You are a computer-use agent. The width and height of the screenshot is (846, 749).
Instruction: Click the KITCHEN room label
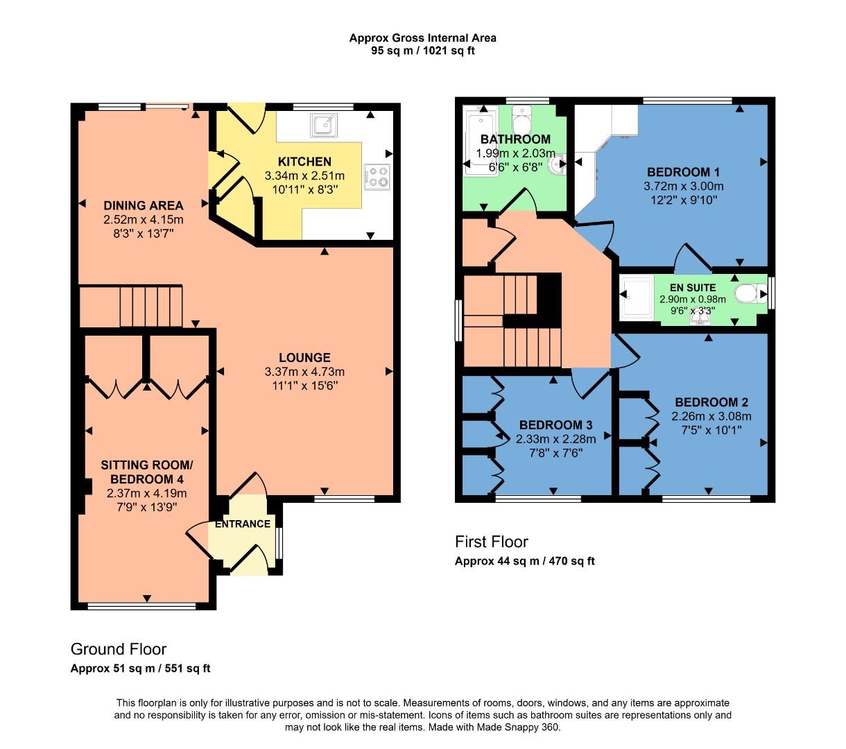click(304, 162)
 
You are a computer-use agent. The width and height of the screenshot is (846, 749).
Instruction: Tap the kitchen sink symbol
click(324, 125)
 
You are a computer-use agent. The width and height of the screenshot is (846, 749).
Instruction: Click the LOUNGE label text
click(304, 358)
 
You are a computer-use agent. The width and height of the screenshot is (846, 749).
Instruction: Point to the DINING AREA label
click(144, 205)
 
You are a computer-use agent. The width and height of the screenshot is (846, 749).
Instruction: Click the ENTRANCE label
click(243, 524)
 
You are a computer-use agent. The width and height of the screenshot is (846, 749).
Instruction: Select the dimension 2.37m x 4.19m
click(147, 493)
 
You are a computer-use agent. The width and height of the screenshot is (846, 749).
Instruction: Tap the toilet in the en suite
click(748, 295)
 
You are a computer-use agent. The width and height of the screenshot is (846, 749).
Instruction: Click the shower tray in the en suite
click(637, 299)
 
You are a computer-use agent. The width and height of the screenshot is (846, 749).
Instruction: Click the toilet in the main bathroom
click(521, 121)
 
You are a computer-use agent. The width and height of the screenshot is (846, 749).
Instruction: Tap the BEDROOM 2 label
click(711, 402)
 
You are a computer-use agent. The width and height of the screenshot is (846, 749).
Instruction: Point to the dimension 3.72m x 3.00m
click(683, 186)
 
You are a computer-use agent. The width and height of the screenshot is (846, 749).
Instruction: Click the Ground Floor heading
click(119, 649)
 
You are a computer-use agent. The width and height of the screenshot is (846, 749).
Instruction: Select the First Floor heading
click(491, 542)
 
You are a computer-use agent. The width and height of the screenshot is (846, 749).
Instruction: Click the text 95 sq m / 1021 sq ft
click(423, 51)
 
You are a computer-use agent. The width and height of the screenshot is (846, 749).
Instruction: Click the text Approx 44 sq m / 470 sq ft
click(524, 561)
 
